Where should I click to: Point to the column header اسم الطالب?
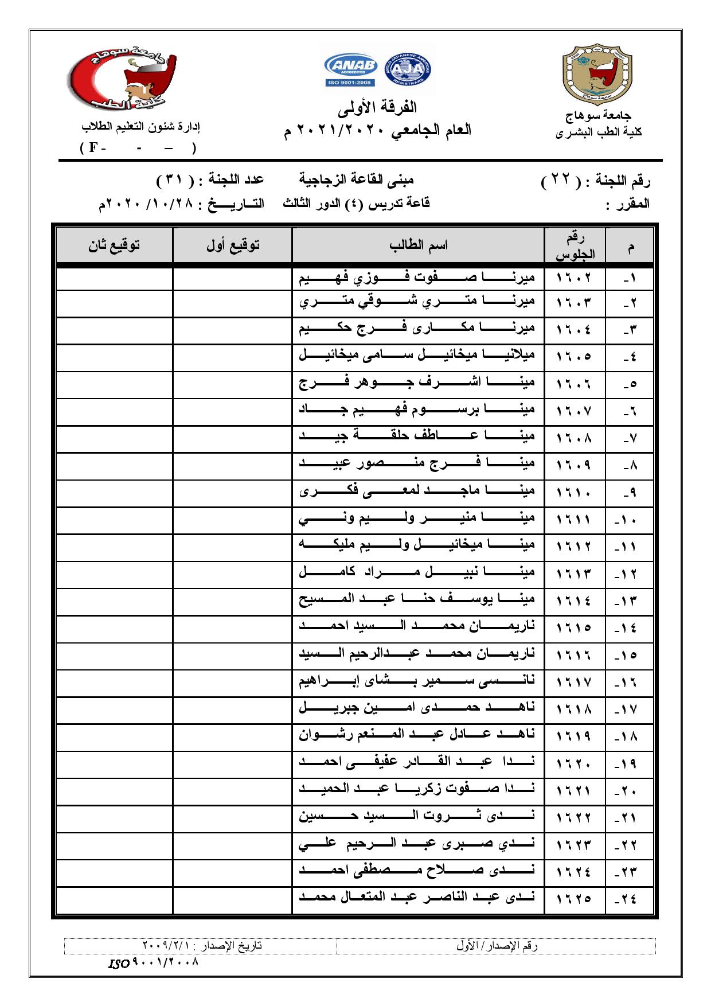tap(418, 245)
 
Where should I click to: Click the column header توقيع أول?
tap(232, 245)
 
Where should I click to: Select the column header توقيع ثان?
tap(114, 245)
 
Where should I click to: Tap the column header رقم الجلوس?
tap(575, 245)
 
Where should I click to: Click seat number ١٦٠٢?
tap(574, 278)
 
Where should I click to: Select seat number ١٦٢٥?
tap(574, 898)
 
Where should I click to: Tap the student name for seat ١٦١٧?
tap(417, 681)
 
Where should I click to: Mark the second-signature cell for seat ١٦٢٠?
tap(114, 763)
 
